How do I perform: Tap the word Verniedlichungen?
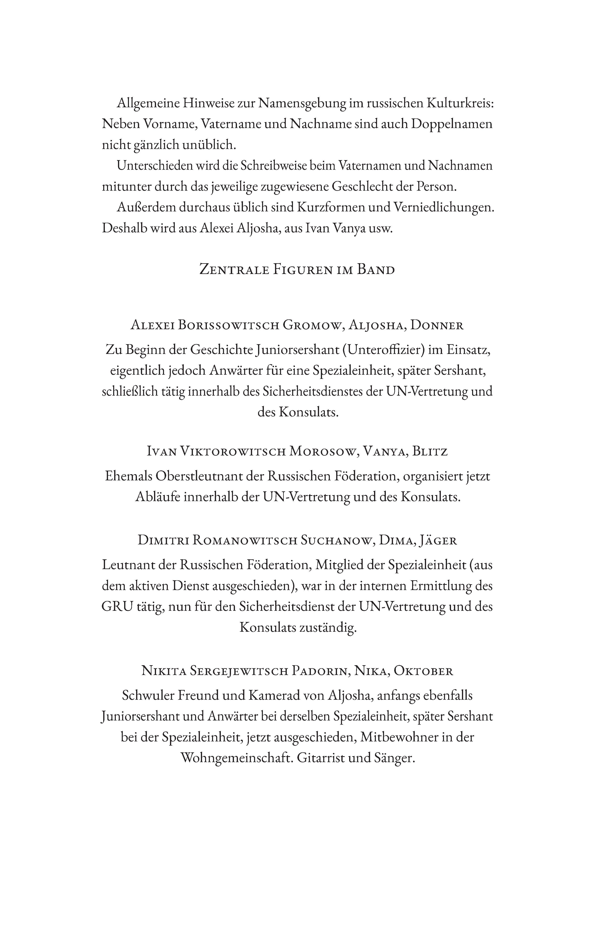pyautogui.click(x=443, y=208)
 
